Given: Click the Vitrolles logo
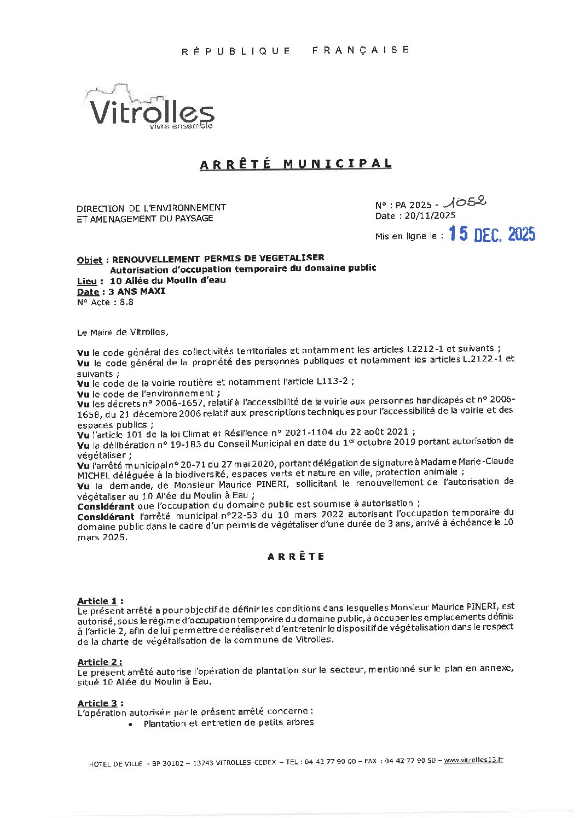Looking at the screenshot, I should tap(151, 109).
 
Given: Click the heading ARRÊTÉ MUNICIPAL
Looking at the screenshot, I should tap(296, 164).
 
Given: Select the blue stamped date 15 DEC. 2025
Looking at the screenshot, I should tap(491, 235).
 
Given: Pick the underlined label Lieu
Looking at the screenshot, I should tap(87, 281).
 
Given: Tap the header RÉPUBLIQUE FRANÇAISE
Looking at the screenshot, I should tap(296, 50).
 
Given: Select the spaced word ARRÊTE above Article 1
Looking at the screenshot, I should tap(296, 557).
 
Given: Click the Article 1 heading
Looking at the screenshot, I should tap(100, 601).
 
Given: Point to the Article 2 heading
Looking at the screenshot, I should tap(100, 662).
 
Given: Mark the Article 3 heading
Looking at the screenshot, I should tap(100, 703).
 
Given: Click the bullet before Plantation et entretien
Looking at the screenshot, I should tap(130, 724).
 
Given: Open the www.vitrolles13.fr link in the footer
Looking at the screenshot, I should tap(473, 760).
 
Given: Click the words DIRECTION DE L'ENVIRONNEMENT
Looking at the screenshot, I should tap(151, 208).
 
